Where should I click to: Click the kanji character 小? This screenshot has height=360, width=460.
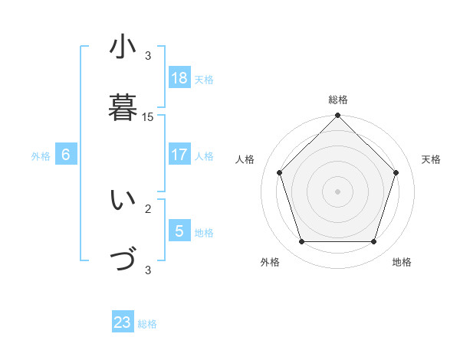click(123, 47)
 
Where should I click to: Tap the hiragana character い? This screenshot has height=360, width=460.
click(123, 201)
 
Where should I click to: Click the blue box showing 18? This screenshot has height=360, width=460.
click(179, 77)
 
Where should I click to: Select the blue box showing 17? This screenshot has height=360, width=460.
click(179, 155)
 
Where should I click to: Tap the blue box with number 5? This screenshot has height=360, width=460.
click(179, 231)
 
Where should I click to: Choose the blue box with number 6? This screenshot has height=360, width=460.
click(66, 155)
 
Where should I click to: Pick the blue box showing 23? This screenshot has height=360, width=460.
click(123, 322)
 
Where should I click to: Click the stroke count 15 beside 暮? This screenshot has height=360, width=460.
click(148, 117)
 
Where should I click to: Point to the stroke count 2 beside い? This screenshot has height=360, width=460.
click(148, 208)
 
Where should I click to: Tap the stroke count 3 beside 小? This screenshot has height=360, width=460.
click(148, 55)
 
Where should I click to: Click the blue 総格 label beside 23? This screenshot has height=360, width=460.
click(148, 324)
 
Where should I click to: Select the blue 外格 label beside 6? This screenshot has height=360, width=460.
click(41, 156)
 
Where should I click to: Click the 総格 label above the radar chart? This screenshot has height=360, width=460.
click(337, 100)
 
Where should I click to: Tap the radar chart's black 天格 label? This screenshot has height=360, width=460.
click(431, 159)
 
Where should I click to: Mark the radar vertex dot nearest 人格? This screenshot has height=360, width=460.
click(280, 172)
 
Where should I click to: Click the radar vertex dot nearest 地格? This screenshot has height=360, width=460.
click(373, 242)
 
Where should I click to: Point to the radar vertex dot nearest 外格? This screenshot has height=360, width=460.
click(301, 242)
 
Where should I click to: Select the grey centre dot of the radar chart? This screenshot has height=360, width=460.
click(337, 191)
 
